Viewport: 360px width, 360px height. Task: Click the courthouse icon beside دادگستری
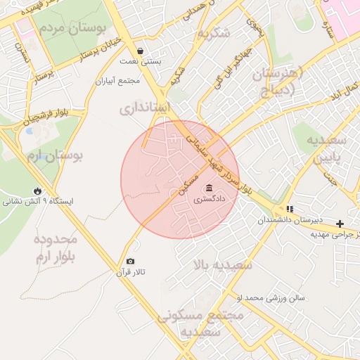[x=210, y=188]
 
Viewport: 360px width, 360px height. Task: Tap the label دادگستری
[x=210, y=200]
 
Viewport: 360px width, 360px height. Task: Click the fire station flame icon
[x=37, y=191]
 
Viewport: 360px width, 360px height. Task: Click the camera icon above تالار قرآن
[x=129, y=261]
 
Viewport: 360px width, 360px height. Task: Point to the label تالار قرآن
[x=129, y=272]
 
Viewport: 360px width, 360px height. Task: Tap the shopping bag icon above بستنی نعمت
[x=141, y=51]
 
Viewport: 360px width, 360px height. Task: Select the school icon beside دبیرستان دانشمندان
[x=290, y=209]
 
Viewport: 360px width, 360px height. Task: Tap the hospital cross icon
[x=340, y=224]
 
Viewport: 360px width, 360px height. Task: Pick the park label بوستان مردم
[x=72, y=29]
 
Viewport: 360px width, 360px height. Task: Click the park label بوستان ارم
[x=56, y=154]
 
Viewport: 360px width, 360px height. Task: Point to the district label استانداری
[x=145, y=108]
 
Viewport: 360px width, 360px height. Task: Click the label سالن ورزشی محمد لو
[x=271, y=298]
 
